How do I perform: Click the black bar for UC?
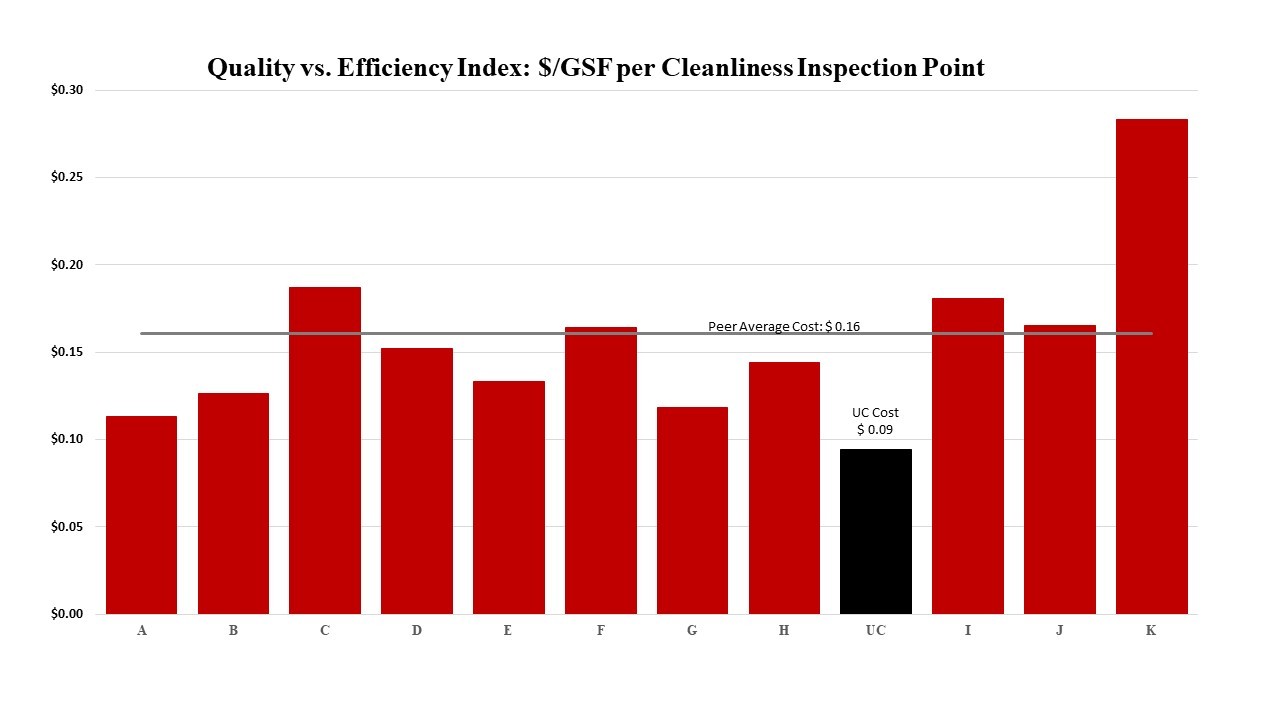pos(876,531)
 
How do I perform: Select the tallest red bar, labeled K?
pos(1151,366)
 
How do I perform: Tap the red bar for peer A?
pos(141,515)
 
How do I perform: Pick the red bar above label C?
pos(325,450)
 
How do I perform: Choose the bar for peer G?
pos(692,510)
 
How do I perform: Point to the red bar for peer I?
pos(967,456)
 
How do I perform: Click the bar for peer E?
pos(508,497)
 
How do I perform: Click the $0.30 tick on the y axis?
pos(67,90)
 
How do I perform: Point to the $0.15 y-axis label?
pos(67,352)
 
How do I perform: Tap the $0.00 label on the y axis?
pos(67,614)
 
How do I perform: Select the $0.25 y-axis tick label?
pos(67,177)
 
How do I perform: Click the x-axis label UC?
pos(876,631)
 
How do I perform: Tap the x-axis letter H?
pos(784,631)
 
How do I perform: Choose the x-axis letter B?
pos(233,631)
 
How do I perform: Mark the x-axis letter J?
pos(1059,631)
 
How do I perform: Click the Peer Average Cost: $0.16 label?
pos(784,326)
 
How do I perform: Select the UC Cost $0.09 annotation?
pos(875,421)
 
